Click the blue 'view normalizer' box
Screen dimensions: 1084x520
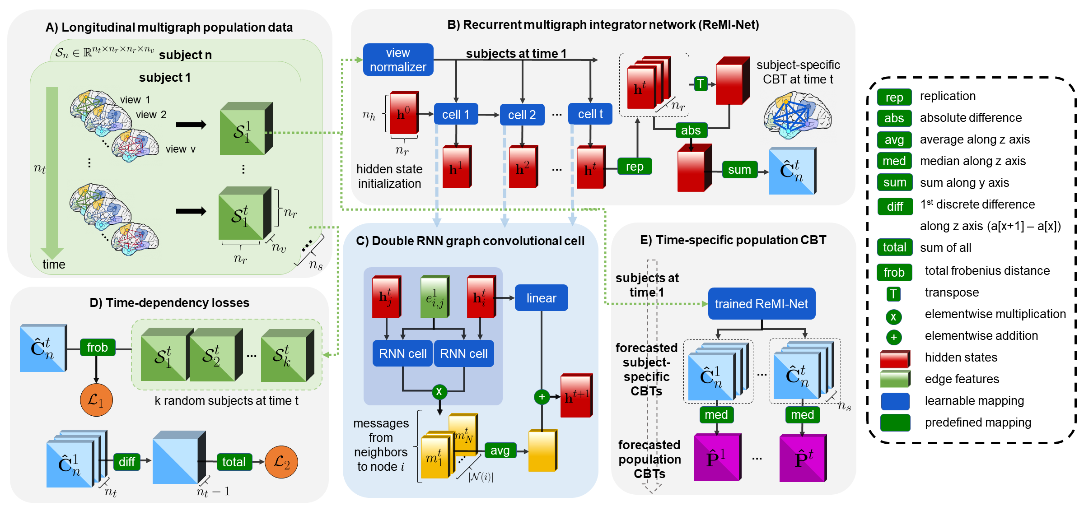[398, 60]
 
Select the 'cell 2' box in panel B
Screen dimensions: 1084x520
[522, 115]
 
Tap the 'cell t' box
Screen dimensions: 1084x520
[590, 114]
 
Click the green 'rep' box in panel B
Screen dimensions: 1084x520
[635, 167]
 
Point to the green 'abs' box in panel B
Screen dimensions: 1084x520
[691, 130]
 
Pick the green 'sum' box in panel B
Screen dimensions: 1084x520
[739, 170]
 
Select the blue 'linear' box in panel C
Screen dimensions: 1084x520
[541, 298]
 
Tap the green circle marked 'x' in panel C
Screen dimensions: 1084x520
[439, 391]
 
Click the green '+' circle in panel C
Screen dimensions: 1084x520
[542, 397]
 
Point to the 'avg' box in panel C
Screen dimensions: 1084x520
[500, 450]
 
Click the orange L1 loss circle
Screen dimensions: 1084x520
[96, 400]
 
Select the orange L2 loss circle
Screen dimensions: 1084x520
[281, 462]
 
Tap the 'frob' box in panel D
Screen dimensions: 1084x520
[97, 348]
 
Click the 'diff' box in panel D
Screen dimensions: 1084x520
[127, 462]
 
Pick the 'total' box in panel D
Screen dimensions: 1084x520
[234, 462]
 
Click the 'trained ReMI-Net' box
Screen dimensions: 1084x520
[762, 304]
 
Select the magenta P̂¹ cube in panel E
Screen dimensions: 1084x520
[717, 457]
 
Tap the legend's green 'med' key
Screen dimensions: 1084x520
[894, 161]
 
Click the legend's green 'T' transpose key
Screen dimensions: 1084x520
[893, 294]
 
